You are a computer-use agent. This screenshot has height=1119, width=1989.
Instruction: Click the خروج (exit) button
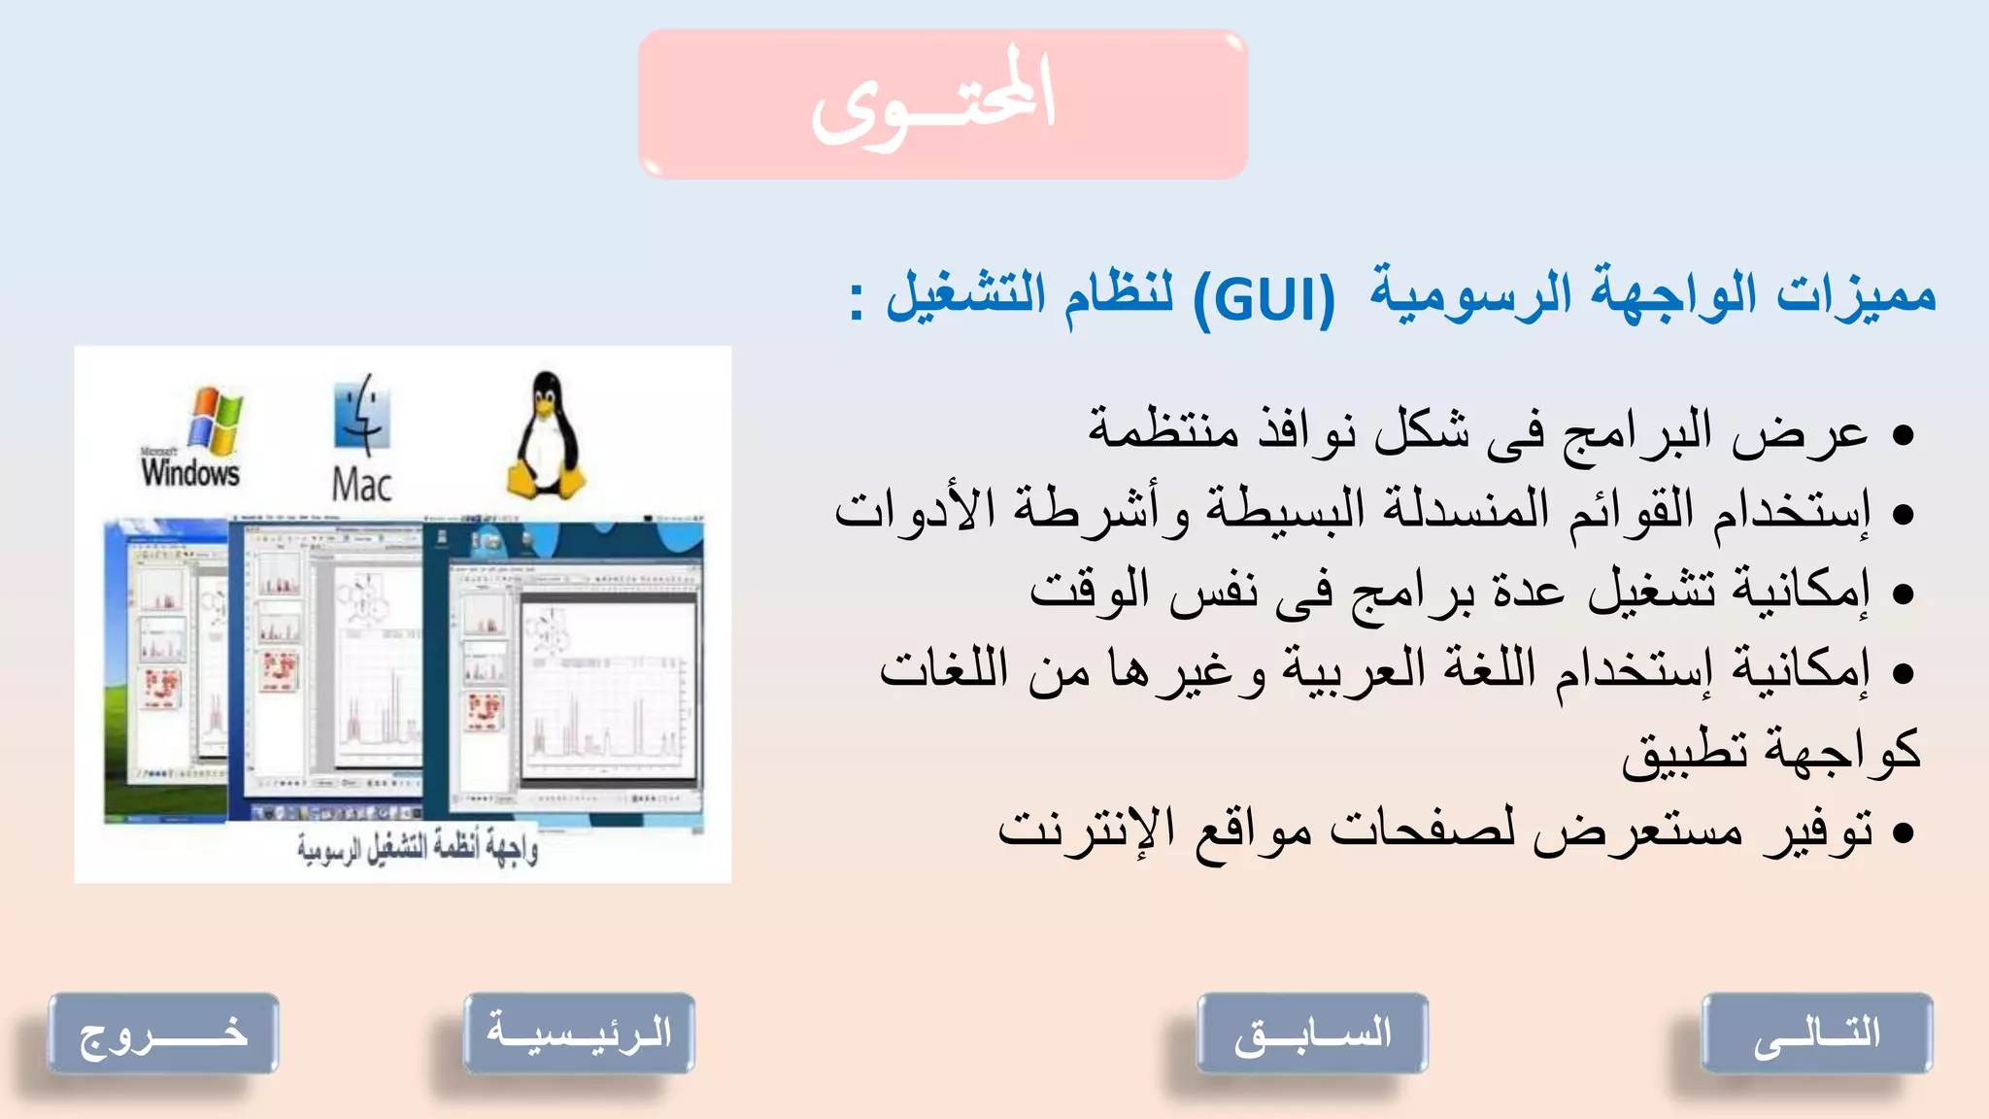[x=163, y=1034]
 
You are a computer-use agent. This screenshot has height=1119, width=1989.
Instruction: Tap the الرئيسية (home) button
[x=579, y=1034]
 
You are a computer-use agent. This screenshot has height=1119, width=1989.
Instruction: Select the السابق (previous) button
[x=1312, y=1034]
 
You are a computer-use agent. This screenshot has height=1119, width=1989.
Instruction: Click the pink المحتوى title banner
[x=942, y=104]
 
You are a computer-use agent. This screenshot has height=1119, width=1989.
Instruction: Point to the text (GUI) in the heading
[x=1264, y=299]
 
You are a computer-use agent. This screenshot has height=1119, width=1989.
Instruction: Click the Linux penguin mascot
[x=546, y=436]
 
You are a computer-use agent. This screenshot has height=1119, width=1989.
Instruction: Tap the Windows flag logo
[x=215, y=420]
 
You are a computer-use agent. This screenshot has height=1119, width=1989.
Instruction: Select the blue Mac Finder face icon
[x=361, y=416]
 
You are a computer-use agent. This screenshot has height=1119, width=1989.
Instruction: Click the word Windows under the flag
[x=190, y=473]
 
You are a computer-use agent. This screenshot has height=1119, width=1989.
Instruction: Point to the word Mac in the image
[x=361, y=485]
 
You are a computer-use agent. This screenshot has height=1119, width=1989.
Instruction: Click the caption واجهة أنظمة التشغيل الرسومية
[x=418, y=849]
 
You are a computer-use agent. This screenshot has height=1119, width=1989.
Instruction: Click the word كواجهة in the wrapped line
[x=1841, y=751]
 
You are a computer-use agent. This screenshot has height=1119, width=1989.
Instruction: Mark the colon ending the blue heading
[x=856, y=301]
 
